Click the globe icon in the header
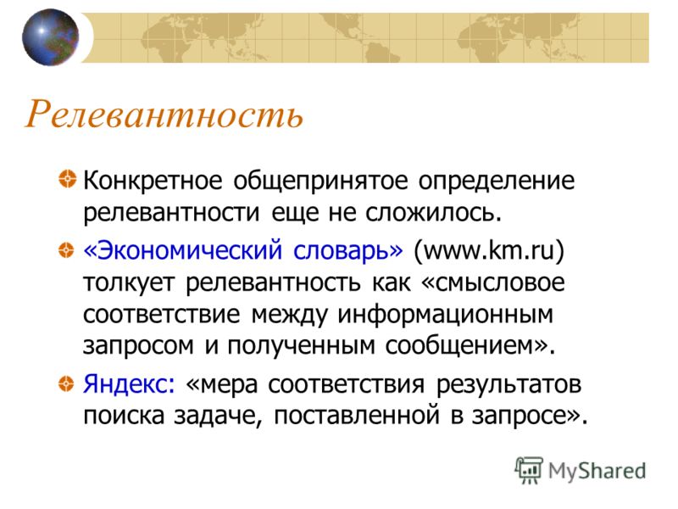click(51, 37)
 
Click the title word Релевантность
click(164, 115)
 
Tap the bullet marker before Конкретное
click(67, 179)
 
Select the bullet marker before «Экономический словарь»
click(66, 249)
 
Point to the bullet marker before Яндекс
click(66, 383)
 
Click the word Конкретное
click(153, 180)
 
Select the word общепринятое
click(321, 181)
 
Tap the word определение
click(497, 181)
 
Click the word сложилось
click(434, 213)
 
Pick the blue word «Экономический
click(183, 250)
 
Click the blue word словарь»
click(348, 250)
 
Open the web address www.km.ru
click(489, 250)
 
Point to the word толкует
click(129, 283)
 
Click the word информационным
click(446, 315)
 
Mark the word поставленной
click(357, 416)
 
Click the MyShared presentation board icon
click(529, 470)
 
